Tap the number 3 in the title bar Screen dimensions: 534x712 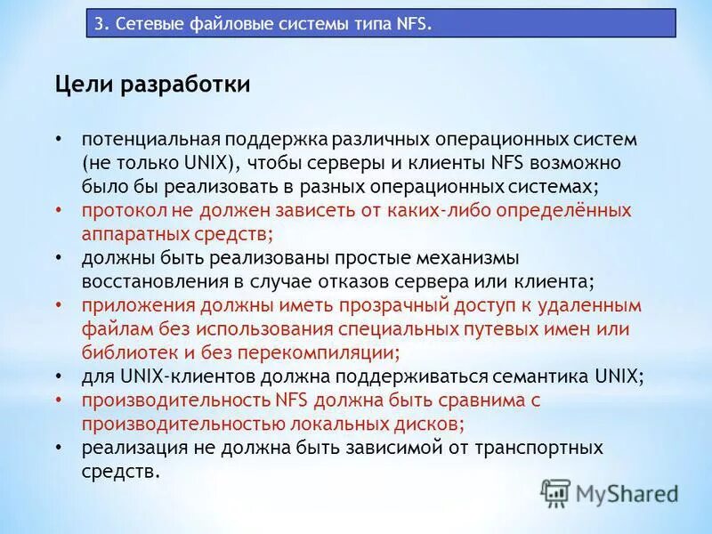click(x=101, y=23)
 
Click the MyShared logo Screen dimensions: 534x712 click(x=609, y=493)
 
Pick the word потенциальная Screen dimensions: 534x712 click(x=150, y=141)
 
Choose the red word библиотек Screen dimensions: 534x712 click(x=125, y=352)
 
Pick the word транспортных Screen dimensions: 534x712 click(x=533, y=447)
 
